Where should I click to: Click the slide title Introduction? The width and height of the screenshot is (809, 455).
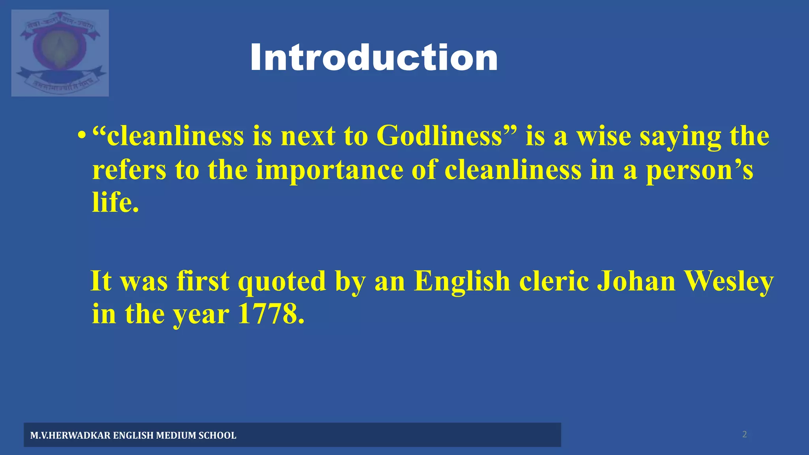coord(374,58)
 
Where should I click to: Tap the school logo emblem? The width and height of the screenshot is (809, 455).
coord(60,53)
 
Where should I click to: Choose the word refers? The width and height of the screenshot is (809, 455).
coord(129,170)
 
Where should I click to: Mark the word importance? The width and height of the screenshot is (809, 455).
coord(329,170)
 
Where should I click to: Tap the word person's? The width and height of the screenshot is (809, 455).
coord(699,170)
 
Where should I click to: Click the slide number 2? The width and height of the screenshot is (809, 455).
coord(745,434)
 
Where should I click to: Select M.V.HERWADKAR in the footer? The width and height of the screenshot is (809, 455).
coord(70,435)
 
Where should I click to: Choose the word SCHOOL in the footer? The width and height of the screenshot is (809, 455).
coord(217,435)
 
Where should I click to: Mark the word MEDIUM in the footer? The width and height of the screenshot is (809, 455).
coord(176,435)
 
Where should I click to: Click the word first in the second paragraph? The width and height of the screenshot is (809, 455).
coord(203,281)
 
